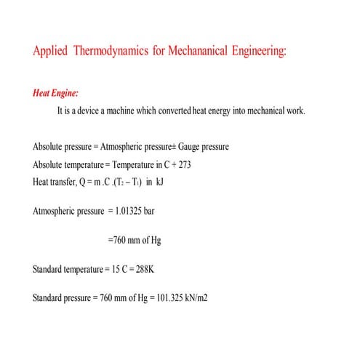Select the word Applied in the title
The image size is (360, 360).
click(x=51, y=52)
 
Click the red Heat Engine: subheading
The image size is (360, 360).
click(x=56, y=94)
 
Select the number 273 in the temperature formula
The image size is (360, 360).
click(x=182, y=164)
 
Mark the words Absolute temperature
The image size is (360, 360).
click(x=68, y=164)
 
